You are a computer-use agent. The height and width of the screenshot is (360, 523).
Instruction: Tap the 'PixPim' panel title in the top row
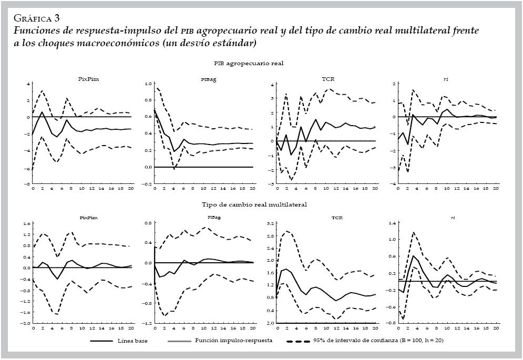(85, 79)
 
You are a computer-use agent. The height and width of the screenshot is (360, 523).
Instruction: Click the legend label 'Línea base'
(132, 341)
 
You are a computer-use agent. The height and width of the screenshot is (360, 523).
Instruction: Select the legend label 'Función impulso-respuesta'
(233, 341)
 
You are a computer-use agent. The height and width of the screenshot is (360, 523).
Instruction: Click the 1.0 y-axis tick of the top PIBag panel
(148, 84)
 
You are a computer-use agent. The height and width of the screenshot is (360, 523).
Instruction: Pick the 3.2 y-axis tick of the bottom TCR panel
(270, 223)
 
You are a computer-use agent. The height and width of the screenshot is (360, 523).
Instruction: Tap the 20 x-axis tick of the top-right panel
(496, 188)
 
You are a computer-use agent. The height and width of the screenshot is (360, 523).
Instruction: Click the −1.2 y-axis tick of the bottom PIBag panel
(148, 323)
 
